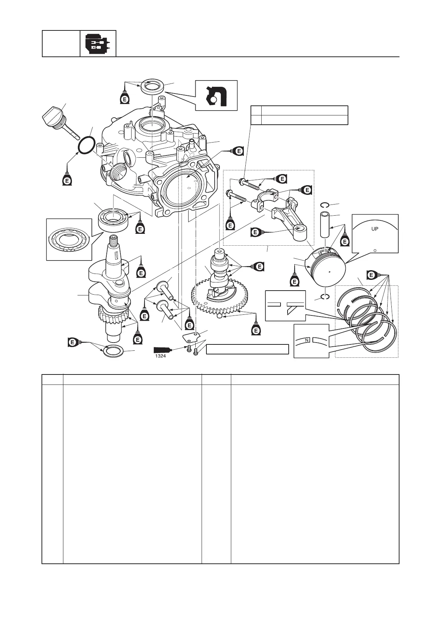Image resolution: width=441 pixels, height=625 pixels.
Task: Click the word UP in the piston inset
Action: click(x=375, y=229)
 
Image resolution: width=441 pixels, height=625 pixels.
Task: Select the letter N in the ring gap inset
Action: click(x=307, y=340)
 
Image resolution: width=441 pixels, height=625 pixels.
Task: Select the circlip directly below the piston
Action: click(x=325, y=297)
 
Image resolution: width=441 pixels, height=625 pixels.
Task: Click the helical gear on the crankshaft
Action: click(x=113, y=317)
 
